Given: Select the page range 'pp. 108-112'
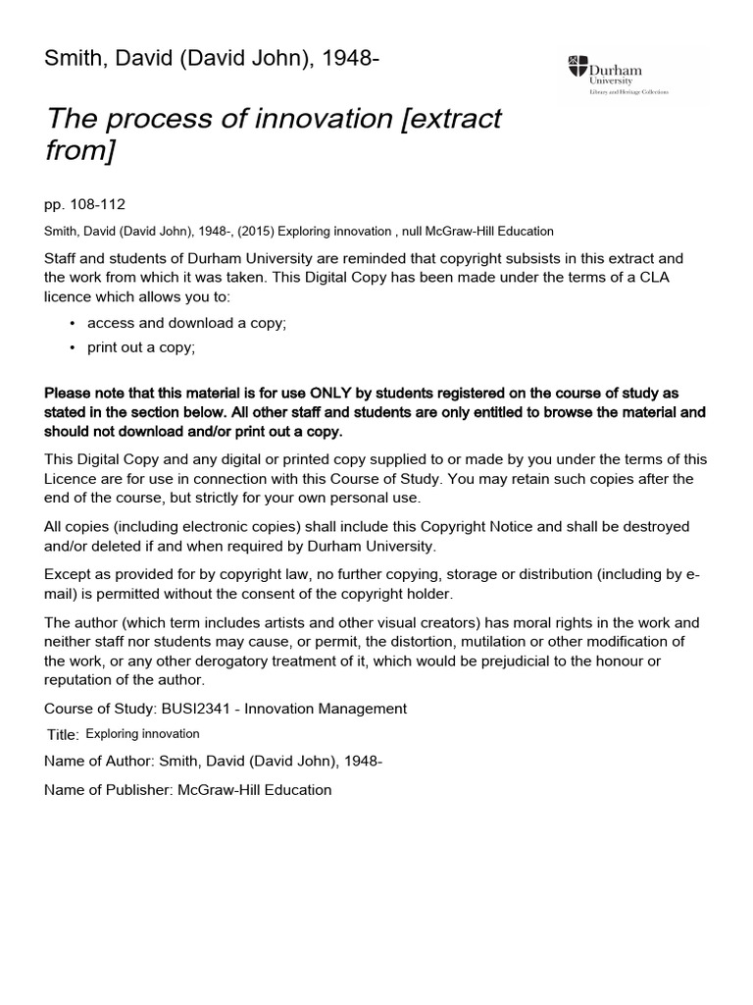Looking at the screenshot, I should [x=85, y=205].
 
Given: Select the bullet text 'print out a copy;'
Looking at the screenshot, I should [x=141, y=347].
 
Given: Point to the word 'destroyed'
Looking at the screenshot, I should [x=654, y=527].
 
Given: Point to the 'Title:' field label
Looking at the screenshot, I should [x=64, y=735].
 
